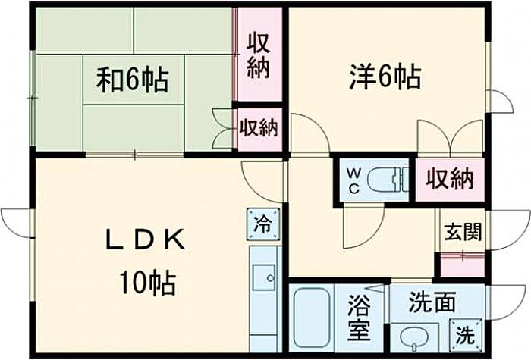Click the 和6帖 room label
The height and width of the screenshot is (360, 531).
(x=133, y=80)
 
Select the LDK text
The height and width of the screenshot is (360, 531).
(x=146, y=239)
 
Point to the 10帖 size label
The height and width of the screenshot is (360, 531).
(x=147, y=283)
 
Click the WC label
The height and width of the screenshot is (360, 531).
(x=353, y=181)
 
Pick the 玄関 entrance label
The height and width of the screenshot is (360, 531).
(x=463, y=232)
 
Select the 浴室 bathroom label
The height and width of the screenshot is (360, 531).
(x=359, y=317)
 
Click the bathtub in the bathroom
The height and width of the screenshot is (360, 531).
(x=312, y=317)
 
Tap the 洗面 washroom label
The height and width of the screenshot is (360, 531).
(x=432, y=302)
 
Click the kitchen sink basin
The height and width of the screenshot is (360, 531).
(x=264, y=277)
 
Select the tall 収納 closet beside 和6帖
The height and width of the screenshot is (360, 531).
(x=259, y=54)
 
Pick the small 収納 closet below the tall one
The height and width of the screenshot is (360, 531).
(x=259, y=129)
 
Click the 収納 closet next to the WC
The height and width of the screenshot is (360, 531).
(x=449, y=180)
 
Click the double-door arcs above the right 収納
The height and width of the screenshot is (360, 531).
(x=450, y=137)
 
